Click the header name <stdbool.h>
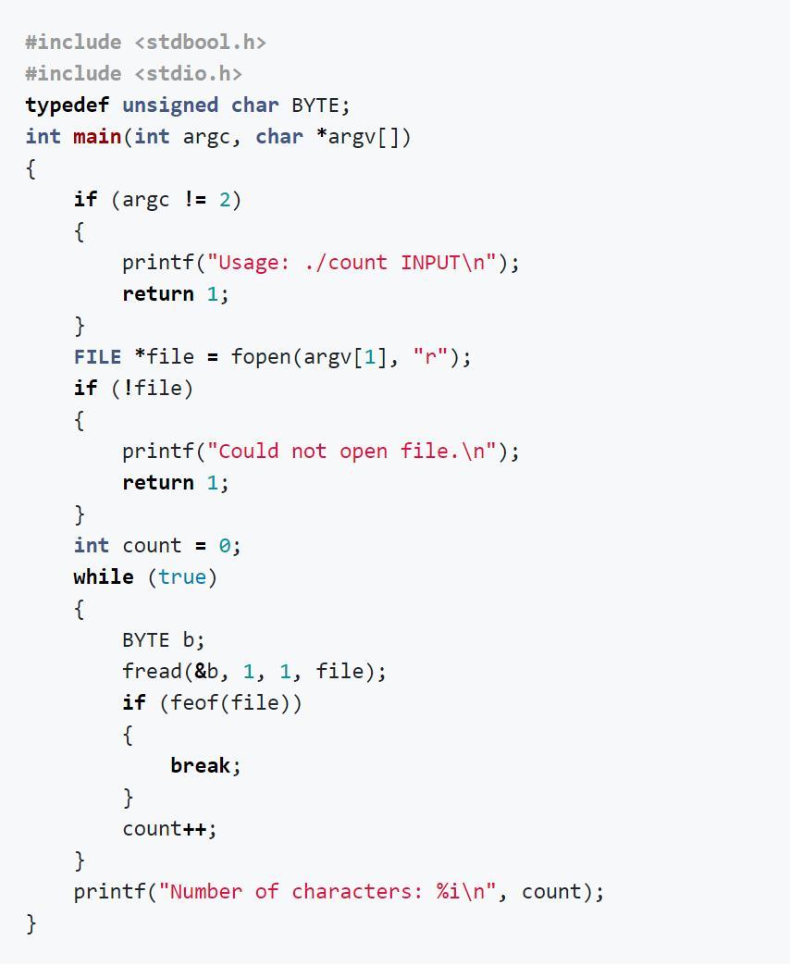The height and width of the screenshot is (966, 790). pyautogui.click(x=200, y=43)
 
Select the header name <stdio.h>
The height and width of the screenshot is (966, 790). pyautogui.click(x=189, y=74)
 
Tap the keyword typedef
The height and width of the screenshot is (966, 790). pyautogui.click(x=68, y=105)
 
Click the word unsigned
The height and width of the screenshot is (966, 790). pyautogui.click(x=170, y=106)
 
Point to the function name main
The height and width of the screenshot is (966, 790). pyautogui.click(x=97, y=137)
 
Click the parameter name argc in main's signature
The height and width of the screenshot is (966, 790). pyautogui.click(x=206, y=138)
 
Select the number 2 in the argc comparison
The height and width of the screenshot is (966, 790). pyautogui.click(x=225, y=200)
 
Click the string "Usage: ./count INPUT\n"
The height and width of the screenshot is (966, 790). pyautogui.click(x=352, y=263)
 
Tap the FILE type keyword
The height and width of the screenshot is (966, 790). pyautogui.click(x=97, y=357)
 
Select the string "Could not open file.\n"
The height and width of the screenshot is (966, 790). pyautogui.click(x=352, y=451)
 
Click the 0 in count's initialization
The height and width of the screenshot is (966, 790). pyautogui.click(x=225, y=546)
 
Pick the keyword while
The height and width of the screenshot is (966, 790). pyautogui.click(x=104, y=577)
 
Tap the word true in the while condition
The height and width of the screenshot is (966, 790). pyautogui.click(x=182, y=577)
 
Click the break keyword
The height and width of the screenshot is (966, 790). pyautogui.click(x=200, y=765)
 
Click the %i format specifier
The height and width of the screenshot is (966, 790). pyautogui.click(x=449, y=891)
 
